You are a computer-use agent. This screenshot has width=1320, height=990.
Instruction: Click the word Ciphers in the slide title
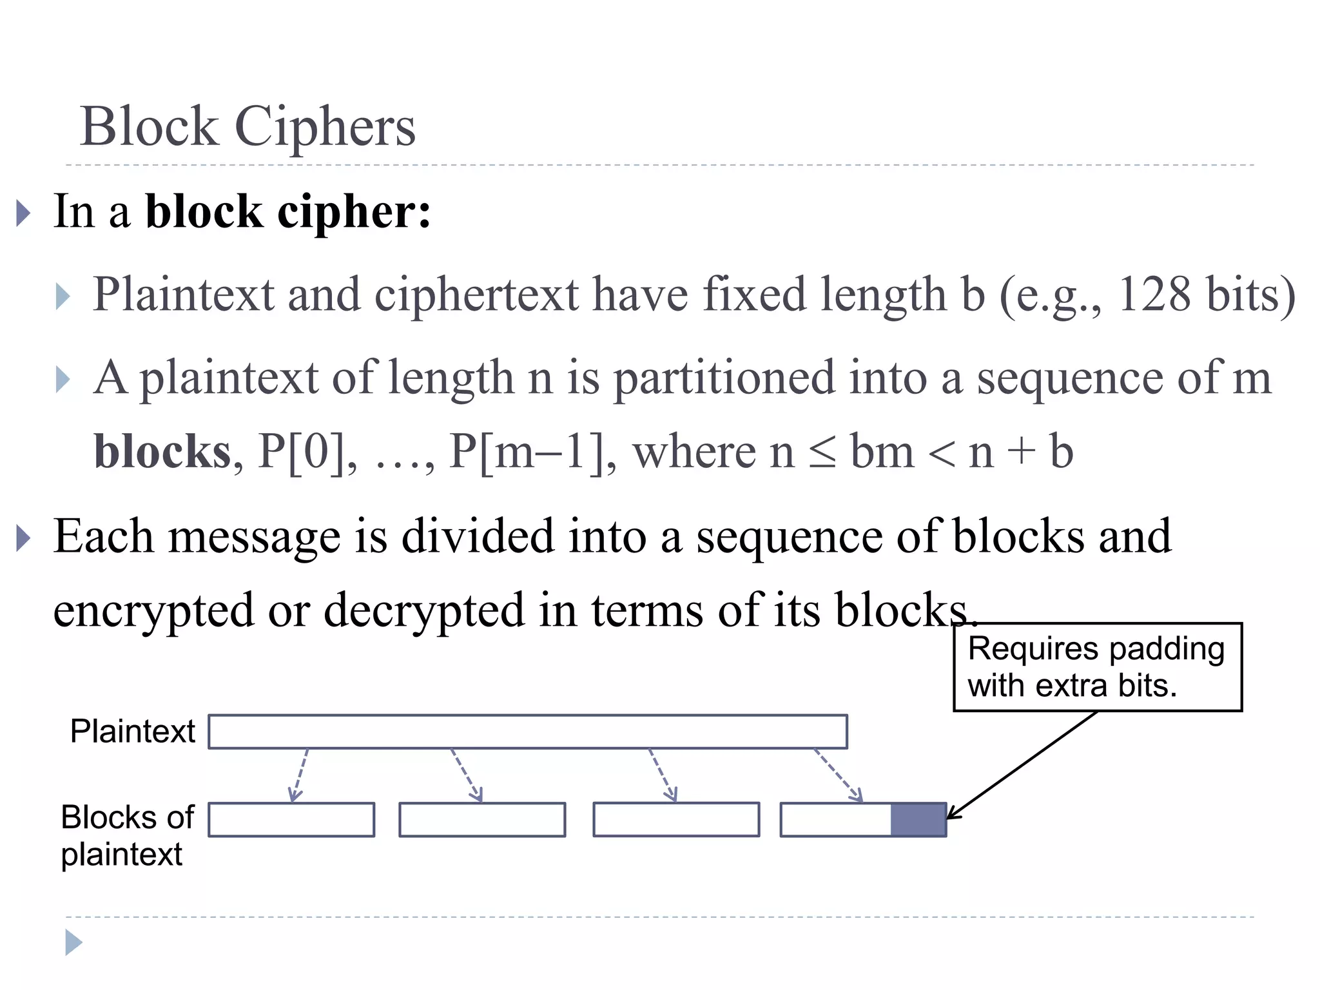pyautogui.click(x=325, y=127)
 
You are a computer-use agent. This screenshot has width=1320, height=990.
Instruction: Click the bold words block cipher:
pyautogui.click(x=288, y=212)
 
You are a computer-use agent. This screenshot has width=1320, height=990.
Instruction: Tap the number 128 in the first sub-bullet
pyautogui.click(x=1154, y=295)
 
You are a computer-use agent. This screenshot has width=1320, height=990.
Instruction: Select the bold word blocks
pyautogui.click(x=162, y=451)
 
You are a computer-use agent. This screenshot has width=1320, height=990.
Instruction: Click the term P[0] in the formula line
pyautogui.click(x=301, y=451)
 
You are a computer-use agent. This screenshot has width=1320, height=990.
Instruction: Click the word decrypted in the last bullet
pyautogui.click(x=423, y=610)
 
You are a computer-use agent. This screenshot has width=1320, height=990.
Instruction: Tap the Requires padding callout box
pyautogui.click(x=1097, y=667)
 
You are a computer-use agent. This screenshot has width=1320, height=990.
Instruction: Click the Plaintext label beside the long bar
pyautogui.click(x=132, y=731)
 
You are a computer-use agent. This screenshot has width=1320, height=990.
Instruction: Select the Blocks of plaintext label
pyautogui.click(x=126, y=835)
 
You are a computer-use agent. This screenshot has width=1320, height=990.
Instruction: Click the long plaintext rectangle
pyautogui.click(x=527, y=732)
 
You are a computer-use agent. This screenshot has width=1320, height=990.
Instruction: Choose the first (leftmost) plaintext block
pyautogui.click(x=291, y=820)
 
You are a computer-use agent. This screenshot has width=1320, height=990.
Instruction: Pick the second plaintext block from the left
pyautogui.click(x=482, y=820)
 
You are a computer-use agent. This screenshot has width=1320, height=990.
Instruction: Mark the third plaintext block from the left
pyautogui.click(x=676, y=820)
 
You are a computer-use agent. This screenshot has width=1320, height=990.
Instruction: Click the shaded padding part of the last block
pyautogui.click(x=918, y=820)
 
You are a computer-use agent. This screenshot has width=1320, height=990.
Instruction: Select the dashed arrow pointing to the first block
pyautogui.click(x=299, y=775)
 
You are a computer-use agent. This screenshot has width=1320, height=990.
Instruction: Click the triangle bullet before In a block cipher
pyautogui.click(x=23, y=213)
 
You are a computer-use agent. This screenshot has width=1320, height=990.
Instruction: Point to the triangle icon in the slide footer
pyautogui.click(x=73, y=943)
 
